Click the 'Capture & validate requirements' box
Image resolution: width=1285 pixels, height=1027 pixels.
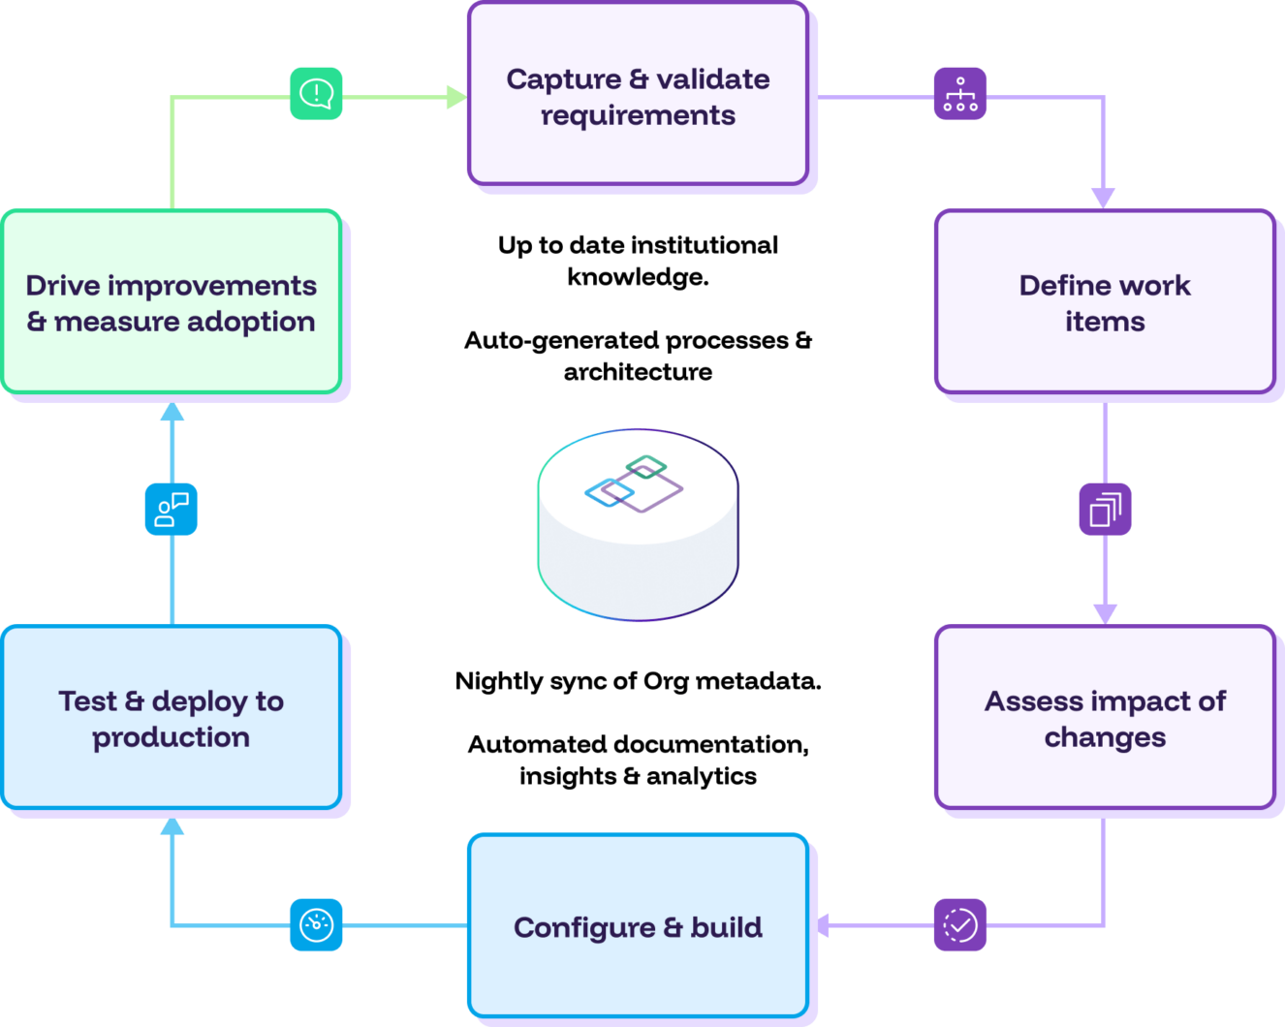pos(638,94)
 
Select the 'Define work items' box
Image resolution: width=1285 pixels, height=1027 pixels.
pos(1104,302)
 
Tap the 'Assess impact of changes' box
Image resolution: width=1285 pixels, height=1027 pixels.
pos(1104,718)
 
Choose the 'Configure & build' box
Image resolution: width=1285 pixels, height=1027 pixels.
pos(638,926)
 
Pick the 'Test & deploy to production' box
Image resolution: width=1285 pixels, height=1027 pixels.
pos(172,718)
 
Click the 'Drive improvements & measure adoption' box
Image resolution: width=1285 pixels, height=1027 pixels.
pos(172,302)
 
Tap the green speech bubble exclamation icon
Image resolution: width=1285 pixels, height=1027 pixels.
pos(316,94)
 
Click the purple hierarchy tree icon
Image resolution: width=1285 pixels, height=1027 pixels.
pos(959,94)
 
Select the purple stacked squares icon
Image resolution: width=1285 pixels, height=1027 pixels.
pos(1105,509)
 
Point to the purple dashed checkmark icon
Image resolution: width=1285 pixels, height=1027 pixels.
pos(959,925)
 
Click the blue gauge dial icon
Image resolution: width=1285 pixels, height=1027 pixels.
pos(316,925)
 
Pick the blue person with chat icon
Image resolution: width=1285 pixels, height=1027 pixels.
pos(172,509)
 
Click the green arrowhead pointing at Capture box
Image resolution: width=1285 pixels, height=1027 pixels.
pos(455,97)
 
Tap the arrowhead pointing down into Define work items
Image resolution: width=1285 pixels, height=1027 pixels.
pos(1104,198)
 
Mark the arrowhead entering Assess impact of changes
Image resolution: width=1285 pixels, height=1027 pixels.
pos(1105,613)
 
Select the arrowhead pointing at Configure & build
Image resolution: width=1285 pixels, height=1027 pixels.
pos(822,925)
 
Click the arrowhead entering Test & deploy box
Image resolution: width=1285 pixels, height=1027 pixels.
pos(172,825)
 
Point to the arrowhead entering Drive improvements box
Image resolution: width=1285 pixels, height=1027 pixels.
pos(172,412)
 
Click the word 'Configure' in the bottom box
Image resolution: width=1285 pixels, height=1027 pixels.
pos(584,928)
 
